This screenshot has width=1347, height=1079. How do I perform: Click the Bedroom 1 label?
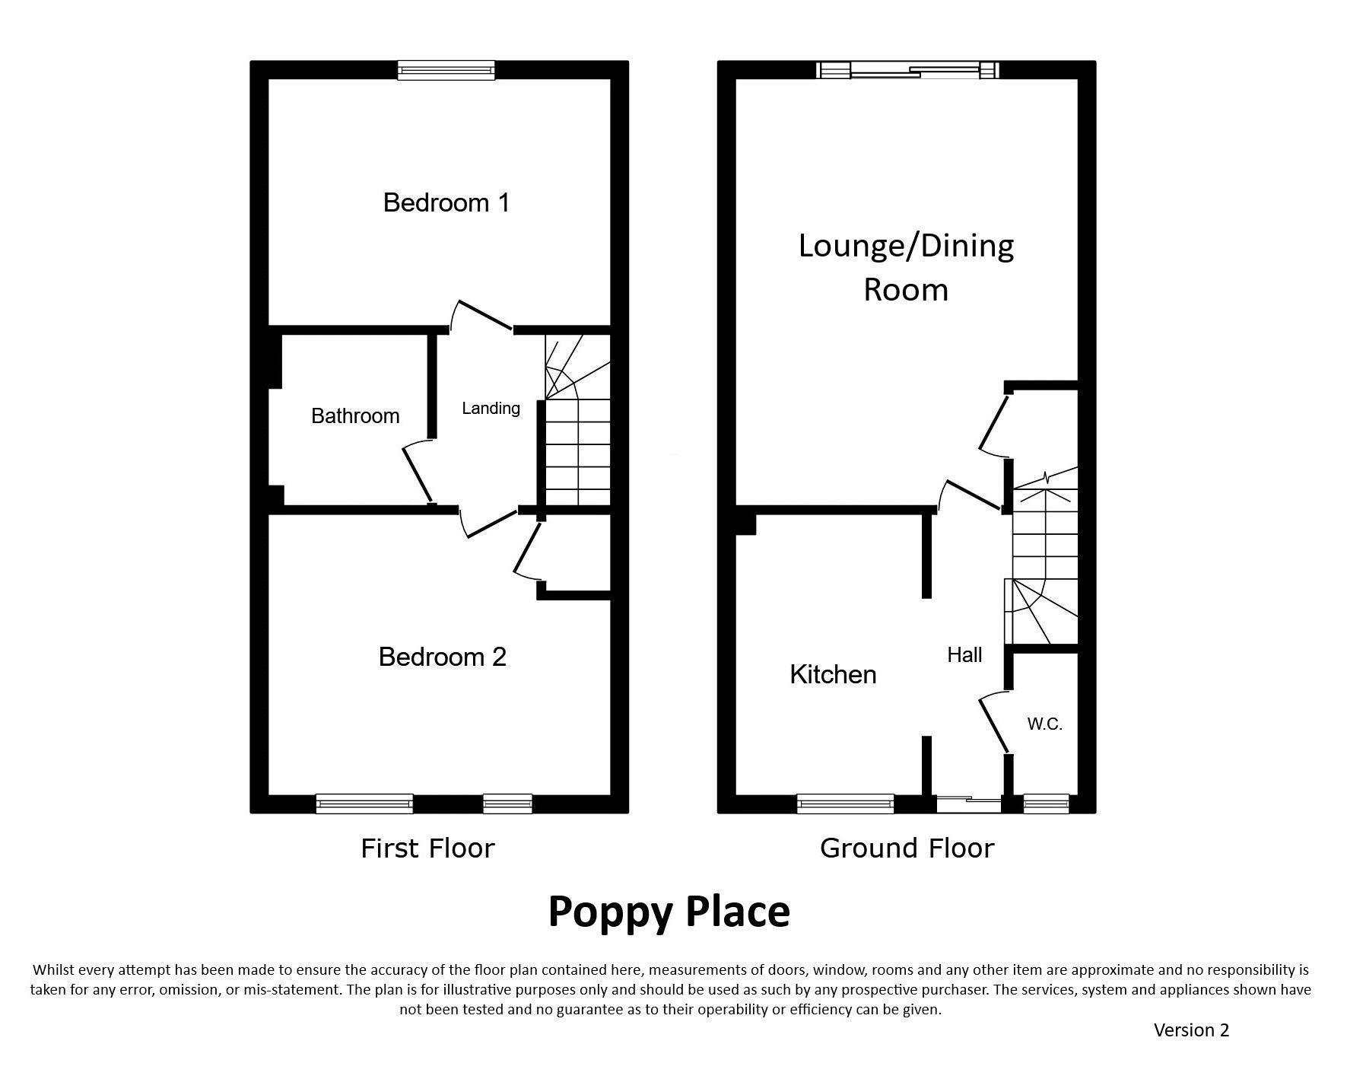[446, 202]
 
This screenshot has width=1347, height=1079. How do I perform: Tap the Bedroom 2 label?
[443, 657]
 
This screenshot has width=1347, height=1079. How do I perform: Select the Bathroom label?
[355, 415]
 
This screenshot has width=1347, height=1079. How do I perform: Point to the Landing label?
[491, 409]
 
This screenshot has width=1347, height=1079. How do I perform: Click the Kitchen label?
[833, 674]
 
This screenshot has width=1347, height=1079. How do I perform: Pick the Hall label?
[964, 654]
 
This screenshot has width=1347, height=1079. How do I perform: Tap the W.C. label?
[1044, 724]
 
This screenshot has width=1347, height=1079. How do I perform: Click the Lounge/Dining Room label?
[906, 267]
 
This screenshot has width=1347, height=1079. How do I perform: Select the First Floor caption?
[427, 848]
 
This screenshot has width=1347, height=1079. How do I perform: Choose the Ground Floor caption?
[907, 848]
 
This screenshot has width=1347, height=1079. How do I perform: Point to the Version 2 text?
[1191, 1030]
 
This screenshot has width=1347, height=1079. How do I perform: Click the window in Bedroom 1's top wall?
[446, 70]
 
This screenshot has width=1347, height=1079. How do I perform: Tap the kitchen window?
[845, 804]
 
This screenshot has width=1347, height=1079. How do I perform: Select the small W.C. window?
[1046, 804]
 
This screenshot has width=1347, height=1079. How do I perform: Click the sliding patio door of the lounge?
[907, 70]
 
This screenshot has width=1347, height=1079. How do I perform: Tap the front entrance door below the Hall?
[968, 804]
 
